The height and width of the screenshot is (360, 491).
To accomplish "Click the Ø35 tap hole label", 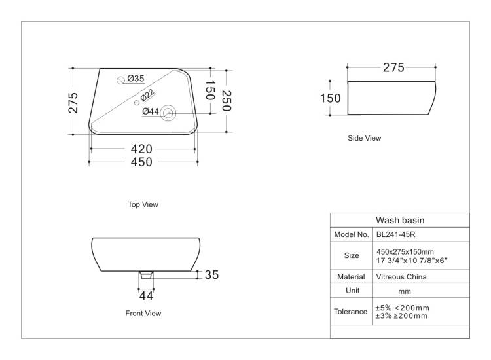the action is (136, 79).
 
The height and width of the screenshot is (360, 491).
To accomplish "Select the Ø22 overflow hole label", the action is (147, 95).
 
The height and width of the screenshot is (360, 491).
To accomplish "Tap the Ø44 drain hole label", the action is (151, 111).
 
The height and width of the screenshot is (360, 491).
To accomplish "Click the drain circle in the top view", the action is (168, 113).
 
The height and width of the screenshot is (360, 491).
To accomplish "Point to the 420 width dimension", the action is (141, 149).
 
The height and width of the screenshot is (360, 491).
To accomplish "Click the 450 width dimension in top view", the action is (141, 162).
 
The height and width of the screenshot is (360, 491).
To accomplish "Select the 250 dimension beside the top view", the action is (226, 101).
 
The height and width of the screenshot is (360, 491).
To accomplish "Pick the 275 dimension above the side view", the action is (393, 67).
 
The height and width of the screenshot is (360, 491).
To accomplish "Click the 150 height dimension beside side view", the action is (331, 98).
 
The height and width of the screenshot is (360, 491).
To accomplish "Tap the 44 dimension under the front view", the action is (146, 295).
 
